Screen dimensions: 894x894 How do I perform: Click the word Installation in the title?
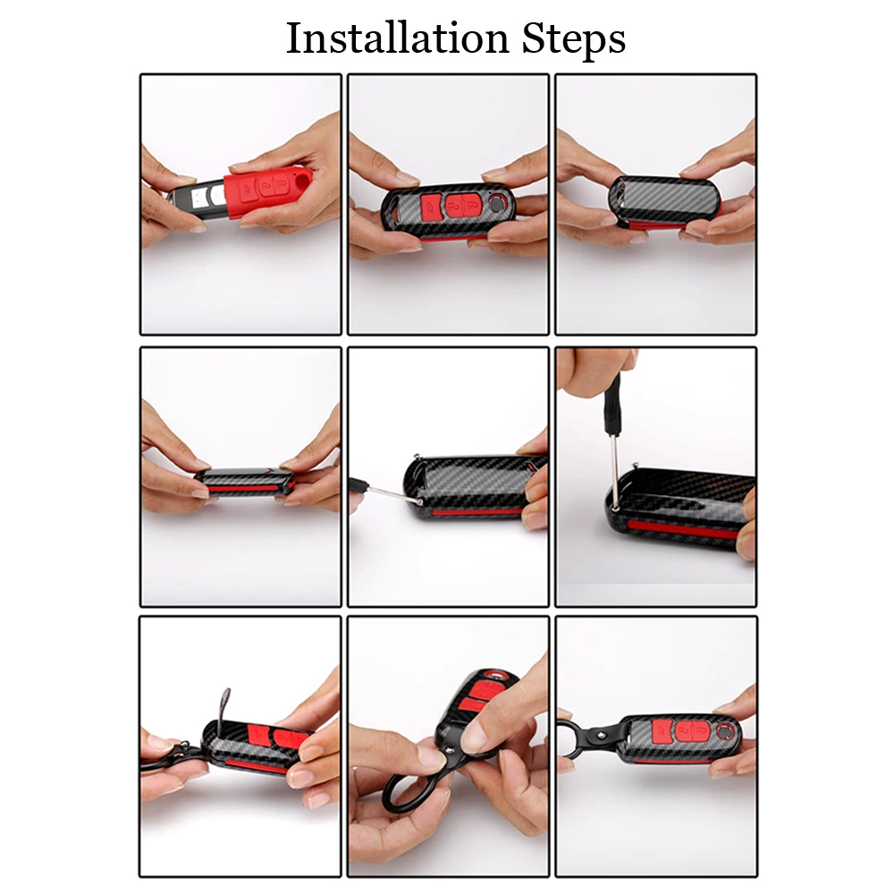tap(397, 38)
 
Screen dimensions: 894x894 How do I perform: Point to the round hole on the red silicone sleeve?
tap(301, 180)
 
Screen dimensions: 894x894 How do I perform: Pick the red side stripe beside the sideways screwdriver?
tap(477, 512)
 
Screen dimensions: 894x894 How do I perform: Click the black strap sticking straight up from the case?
tap(223, 706)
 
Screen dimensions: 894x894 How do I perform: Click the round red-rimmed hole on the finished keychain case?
tap(725, 730)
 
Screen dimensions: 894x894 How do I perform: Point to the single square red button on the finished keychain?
tap(662, 730)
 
